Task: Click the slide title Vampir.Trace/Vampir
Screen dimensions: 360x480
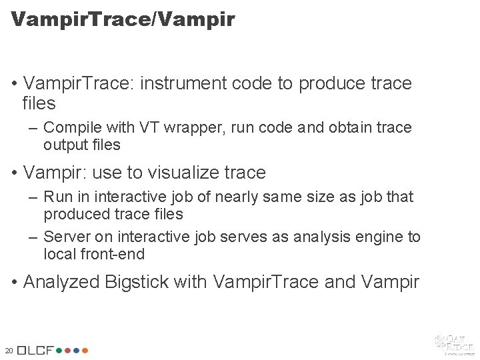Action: pyautogui.click(x=123, y=19)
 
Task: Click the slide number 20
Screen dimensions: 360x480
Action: pyautogui.click(x=9, y=351)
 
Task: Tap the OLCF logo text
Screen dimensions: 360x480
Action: pyautogui.click(x=35, y=350)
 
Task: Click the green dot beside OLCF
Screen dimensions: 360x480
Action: pyautogui.click(x=59, y=350)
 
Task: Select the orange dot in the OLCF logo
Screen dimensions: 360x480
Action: pyautogui.click(x=85, y=350)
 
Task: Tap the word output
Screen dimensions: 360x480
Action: pyautogui.click(x=64, y=144)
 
